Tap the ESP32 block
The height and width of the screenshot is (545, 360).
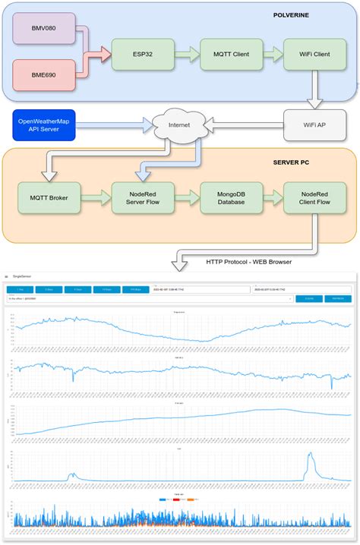[x=141, y=54]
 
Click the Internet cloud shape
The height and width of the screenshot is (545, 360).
[x=178, y=124]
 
